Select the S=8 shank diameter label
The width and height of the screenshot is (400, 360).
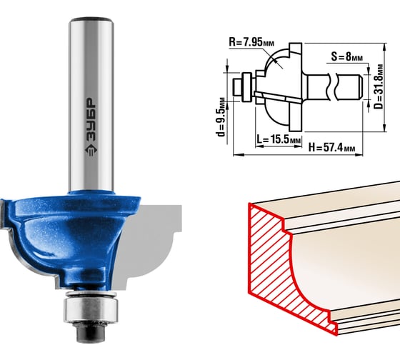pyautogui.click(x=346, y=56)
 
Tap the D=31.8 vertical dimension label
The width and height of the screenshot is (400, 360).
pyautogui.click(x=379, y=86)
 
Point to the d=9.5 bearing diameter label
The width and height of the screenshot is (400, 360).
pyautogui.click(x=221, y=116)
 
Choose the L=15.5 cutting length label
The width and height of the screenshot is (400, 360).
pyautogui.click(x=279, y=139)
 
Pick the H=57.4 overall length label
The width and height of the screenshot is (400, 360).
pyautogui.click(x=331, y=147)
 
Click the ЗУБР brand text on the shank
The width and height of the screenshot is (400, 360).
pyautogui.click(x=91, y=119)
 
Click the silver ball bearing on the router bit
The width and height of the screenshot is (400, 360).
pyautogui.click(x=91, y=307)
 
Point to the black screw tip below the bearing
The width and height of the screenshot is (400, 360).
pyautogui.click(x=91, y=331)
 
